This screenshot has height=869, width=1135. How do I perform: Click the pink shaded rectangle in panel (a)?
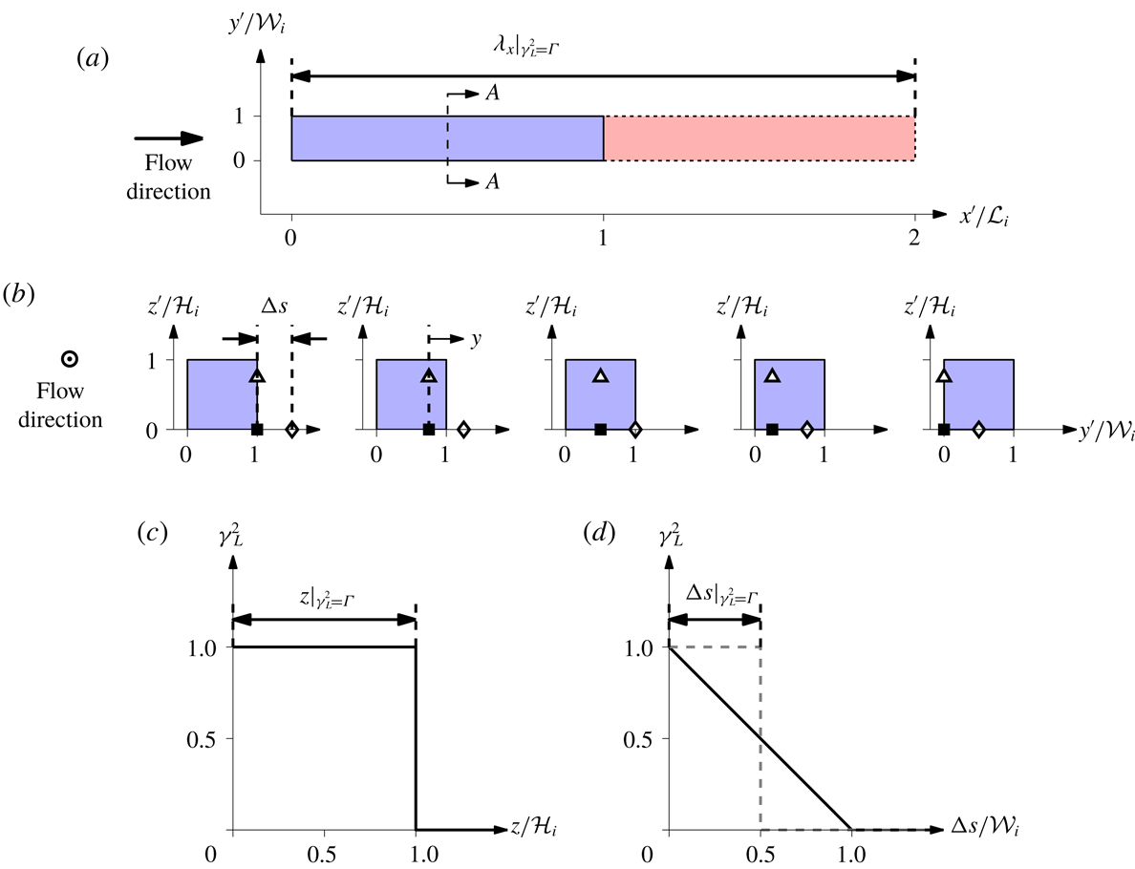point(759,138)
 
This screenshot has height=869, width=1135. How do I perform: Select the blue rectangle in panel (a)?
point(446,138)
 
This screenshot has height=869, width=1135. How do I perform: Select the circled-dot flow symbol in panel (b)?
point(69,360)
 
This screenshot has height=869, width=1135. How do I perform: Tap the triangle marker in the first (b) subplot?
point(257,375)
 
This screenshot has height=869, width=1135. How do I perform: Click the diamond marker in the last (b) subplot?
point(978,430)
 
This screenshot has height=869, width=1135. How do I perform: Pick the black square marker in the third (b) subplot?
point(600,430)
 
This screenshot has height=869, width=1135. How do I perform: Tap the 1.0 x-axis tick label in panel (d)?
point(850,855)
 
